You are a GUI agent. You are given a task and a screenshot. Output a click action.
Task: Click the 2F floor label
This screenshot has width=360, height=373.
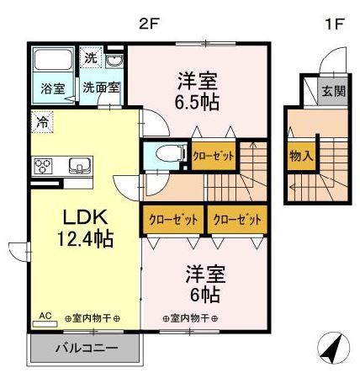149,23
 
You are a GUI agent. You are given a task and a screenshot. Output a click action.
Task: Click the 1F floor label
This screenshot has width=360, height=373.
334,23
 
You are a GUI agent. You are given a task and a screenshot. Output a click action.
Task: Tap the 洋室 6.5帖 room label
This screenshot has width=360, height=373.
198,91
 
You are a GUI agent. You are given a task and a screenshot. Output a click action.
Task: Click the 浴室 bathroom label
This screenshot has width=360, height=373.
54,87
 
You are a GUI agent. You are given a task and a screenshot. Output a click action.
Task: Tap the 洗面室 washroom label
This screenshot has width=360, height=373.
99,87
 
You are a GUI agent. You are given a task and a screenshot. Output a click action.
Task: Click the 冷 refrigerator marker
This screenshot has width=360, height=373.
42,121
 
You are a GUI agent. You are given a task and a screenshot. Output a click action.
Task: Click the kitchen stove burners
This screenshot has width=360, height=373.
42,164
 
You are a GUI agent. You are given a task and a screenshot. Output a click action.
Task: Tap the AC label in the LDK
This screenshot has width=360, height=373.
45,316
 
